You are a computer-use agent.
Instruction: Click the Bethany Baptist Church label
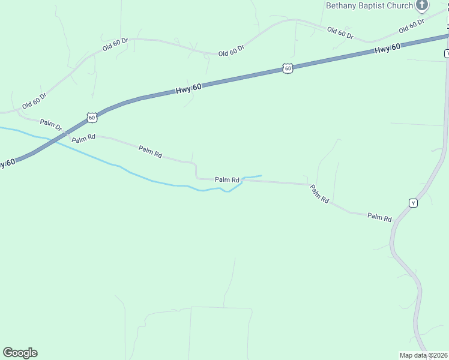pyautogui.click(x=369, y=5)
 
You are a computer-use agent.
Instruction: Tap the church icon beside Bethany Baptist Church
pyautogui.click(x=422, y=5)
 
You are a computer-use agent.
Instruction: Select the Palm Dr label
pyautogui.click(x=51, y=125)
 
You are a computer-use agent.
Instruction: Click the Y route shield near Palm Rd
pyautogui.click(x=413, y=203)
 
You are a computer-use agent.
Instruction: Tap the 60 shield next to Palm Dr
pyautogui.click(x=91, y=118)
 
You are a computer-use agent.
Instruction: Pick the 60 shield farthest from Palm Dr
pyautogui.click(x=288, y=69)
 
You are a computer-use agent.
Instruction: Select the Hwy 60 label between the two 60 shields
pyautogui.click(x=188, y=88)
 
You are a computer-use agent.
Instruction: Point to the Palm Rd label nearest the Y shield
pyautogui.click(x=379, y=218)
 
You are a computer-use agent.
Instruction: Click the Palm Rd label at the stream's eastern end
pyautogui.click(x=228, y=179)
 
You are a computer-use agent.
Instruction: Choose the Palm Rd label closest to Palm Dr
pyautogui.click(x=83, y=139)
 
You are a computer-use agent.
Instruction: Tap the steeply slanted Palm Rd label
pyautogui.click(x=319, y=194)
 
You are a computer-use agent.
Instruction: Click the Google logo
pyautogui.click(x=20, y=353)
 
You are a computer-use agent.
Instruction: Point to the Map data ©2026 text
pyautogui.click(x=423, y=355)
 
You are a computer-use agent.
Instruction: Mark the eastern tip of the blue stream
pyautogui.click(x=261, y=176)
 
